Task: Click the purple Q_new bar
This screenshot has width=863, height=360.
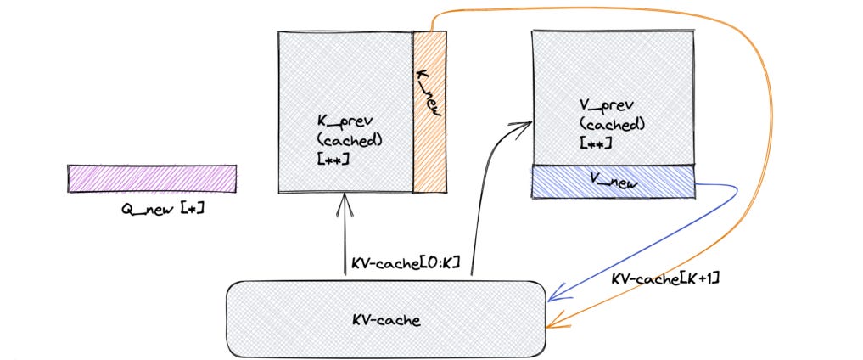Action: pos(152,178)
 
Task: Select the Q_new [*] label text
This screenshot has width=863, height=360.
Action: pos(163,206)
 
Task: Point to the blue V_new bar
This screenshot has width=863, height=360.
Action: pos(612,181)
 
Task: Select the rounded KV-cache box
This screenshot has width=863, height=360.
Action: pos(384,319)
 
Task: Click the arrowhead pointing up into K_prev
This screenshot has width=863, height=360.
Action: pos(344,200)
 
